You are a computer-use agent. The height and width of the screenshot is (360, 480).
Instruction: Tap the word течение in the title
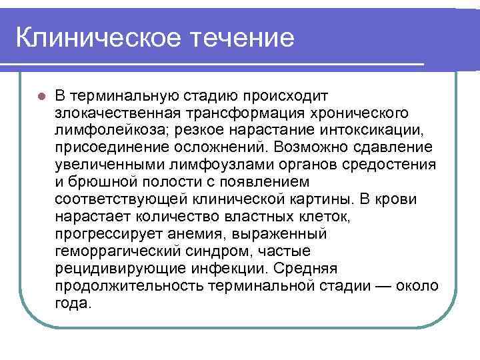(243, 38)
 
